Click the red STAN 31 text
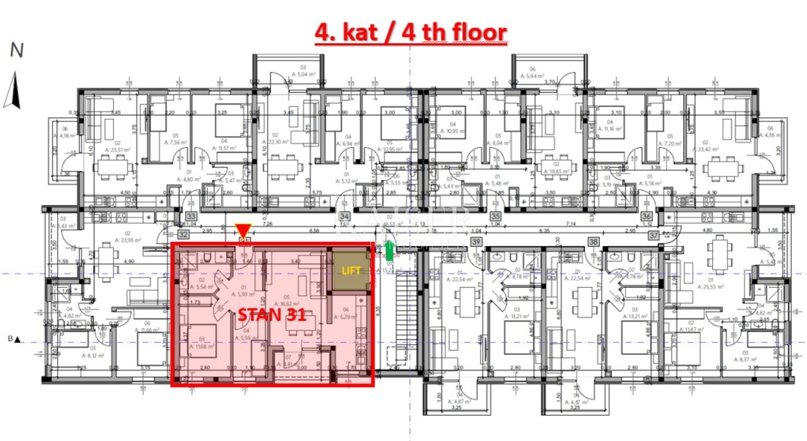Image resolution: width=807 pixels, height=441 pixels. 269,315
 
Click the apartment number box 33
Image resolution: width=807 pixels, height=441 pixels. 192,216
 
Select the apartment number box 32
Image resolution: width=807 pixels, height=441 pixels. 184,233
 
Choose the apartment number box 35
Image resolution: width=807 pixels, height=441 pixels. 496,216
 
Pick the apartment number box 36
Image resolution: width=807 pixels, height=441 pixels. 646,216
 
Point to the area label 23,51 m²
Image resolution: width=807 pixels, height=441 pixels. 114,151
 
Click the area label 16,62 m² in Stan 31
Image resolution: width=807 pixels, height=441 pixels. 294,303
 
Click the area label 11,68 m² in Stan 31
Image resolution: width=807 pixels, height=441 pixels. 202,346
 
